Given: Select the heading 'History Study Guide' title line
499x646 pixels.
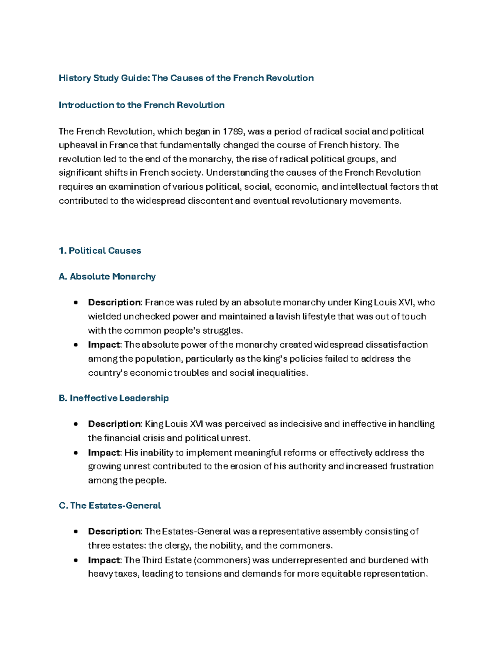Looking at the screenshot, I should (186, 78).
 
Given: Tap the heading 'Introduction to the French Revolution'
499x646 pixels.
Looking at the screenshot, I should (141, 105).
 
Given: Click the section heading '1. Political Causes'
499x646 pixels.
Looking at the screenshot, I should (100, 250).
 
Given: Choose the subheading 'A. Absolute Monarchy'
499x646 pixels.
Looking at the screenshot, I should (107, 277).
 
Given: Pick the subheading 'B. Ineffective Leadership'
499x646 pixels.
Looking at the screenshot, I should (114, 398).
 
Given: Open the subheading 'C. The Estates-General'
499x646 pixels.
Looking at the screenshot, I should (110, 505).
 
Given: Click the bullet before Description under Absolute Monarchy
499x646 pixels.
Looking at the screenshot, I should (75, 303).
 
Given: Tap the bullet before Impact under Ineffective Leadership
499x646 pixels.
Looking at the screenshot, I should (75, 453).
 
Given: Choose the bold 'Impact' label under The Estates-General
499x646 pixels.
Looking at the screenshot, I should (104, 560).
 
